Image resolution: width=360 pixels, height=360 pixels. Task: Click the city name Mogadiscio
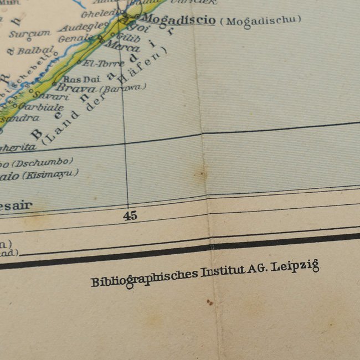pos(178,20)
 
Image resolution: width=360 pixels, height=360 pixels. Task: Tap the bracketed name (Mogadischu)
pos(260,20)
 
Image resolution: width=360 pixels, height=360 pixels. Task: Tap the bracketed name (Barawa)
pos(122,88)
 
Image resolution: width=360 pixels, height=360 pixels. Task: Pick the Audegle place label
pos(83,26)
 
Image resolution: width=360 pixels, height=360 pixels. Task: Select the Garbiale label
pos(40,107)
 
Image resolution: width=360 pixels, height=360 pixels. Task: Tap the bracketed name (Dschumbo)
pos(43,162)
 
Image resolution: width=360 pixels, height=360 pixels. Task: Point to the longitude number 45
pos(130,216)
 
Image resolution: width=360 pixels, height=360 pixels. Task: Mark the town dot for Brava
pos(54,84)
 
